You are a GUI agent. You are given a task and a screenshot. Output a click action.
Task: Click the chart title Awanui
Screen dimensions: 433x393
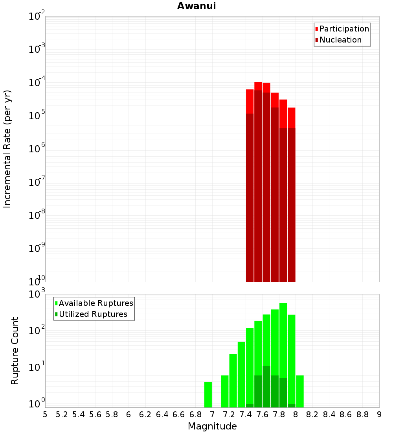point(196,6)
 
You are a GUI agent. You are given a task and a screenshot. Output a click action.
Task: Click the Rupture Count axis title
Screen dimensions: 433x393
point(15,351)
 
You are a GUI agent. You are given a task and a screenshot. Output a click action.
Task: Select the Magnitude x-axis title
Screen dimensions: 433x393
point(212,426)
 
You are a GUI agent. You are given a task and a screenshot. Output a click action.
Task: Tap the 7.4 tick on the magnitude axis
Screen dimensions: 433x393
point(246,414)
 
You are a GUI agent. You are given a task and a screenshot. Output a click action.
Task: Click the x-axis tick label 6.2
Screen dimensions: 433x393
point(145,414)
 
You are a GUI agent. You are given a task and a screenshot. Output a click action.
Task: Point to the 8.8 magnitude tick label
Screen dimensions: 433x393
point(362,414)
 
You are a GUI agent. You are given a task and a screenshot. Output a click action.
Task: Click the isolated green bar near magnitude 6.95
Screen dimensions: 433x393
point(208,394)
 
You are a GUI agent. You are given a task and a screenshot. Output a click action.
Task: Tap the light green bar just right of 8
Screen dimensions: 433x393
point(300,391)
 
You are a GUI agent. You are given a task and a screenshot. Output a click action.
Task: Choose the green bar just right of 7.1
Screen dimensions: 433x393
point(225,391)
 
